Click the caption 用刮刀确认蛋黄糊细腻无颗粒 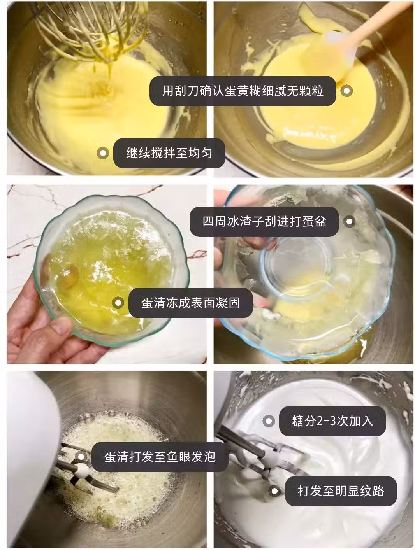coord(243,91)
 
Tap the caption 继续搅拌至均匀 coord(169,153)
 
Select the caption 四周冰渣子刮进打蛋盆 coord(264,221)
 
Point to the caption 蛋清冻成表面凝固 coord(191,303)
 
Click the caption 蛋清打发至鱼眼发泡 coord(160,456)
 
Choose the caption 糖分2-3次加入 coord(332,421)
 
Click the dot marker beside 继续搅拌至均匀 coord(103,153)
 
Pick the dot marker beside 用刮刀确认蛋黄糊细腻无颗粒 coord(346,91)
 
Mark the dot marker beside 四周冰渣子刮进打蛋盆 coord(349,221)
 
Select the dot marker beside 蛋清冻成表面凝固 coord(118,303)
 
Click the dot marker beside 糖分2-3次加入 coord(269,421)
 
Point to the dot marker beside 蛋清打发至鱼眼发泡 coord(81,457)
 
